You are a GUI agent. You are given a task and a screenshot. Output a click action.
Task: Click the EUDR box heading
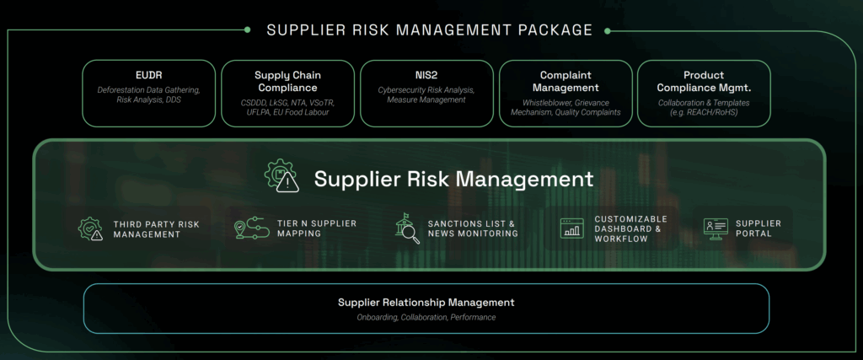pos(149,75)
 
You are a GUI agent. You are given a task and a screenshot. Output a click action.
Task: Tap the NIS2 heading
pos(426,75)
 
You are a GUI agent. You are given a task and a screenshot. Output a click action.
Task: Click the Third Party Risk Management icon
pos(90,228)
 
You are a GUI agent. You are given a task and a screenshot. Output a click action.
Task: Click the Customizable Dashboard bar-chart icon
pos(571,228)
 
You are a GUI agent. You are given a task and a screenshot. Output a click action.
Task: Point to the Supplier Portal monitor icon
pos(716,228)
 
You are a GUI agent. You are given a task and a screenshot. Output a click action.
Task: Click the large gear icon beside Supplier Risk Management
pos(281,178)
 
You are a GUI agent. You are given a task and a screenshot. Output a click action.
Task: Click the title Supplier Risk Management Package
pos(429,30)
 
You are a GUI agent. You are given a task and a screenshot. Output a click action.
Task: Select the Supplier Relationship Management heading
pos(426,302)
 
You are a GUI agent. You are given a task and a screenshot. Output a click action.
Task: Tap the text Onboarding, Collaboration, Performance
pos(426,317)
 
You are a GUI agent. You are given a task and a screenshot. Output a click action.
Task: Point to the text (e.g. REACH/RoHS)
pos(704,112)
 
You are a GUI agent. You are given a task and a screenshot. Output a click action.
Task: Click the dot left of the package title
pos(247,30)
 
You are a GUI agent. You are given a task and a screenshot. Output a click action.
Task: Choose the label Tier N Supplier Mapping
pos(316,228)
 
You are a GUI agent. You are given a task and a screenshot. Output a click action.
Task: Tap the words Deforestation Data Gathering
pos(149,89)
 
